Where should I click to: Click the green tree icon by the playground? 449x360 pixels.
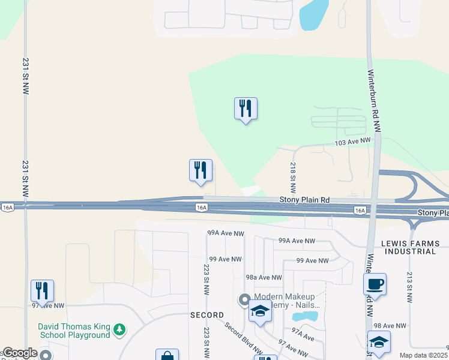120,329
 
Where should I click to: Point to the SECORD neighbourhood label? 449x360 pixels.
207,315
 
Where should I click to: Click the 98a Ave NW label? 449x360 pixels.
264,277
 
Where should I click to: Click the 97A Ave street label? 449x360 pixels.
304,334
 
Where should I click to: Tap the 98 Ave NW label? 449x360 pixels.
390,325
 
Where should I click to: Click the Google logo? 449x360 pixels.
20,353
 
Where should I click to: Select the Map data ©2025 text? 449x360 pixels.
424,355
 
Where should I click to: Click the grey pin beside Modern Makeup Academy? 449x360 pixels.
244,299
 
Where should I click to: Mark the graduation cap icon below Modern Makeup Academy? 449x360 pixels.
259,311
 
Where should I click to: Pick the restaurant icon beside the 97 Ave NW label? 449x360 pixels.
42,290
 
